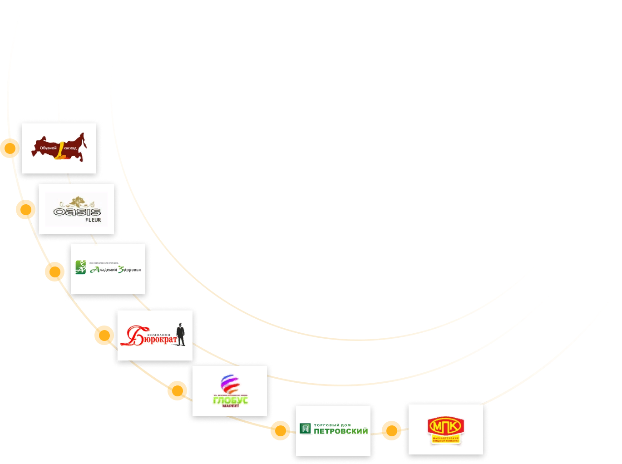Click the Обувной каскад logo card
point(59,148)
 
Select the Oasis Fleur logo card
point(76,209)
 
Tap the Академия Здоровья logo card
point(108,269)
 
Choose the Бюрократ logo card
point(155,336)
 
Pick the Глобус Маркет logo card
point(230,391)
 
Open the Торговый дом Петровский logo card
point(333,430)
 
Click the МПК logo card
point(445,429)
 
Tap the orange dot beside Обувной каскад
point(10,148)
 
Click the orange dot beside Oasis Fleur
point(25,209)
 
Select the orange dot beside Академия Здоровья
point(54,271)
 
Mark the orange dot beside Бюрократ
point(104,336)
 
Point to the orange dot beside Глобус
point(177,391)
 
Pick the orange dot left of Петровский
point(280,430)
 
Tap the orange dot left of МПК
point(391,430)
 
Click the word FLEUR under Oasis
point(93,220)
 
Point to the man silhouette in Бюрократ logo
point(181,335)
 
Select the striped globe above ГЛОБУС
point(230,385)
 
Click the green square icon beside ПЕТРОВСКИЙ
point(305,428)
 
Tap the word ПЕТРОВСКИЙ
point(341,431)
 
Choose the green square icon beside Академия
point(80,267)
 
